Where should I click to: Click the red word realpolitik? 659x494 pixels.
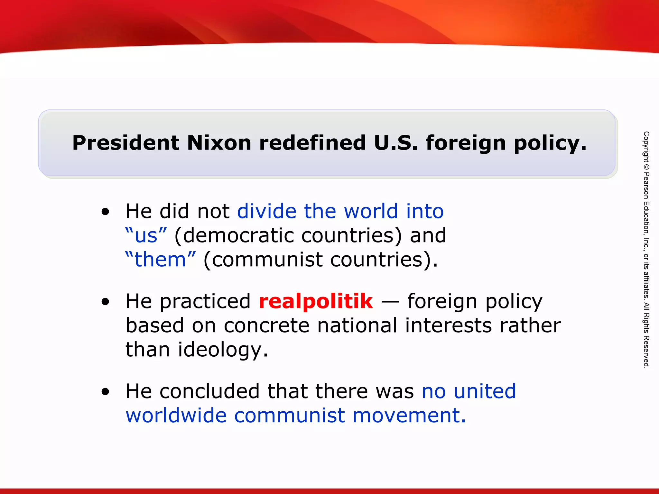(316, 301)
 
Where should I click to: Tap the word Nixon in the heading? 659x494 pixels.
(219, 143)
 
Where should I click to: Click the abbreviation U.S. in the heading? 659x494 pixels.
(396, 143)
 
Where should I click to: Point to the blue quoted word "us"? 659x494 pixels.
(146, 235)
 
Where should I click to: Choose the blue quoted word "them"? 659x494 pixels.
(160, 260)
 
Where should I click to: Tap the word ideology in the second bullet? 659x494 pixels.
(223, 350)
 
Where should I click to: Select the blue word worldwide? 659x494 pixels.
(176, 415)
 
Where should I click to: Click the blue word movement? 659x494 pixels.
(409, 415)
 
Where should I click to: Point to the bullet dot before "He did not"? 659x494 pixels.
(105, 212)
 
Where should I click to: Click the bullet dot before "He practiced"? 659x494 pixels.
(105, 302)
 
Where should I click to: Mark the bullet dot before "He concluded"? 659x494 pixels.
(105, 392)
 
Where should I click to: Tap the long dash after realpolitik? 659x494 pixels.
(390, 302)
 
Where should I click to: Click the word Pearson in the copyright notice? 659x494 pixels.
(646, 186)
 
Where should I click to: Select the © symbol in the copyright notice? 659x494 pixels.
(646, 167)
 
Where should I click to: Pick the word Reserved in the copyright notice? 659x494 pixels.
(646, 352)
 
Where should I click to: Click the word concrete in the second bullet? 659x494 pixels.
(266, 325)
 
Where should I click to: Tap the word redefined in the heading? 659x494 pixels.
(312, 143)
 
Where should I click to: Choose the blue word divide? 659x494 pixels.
(267, 211)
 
